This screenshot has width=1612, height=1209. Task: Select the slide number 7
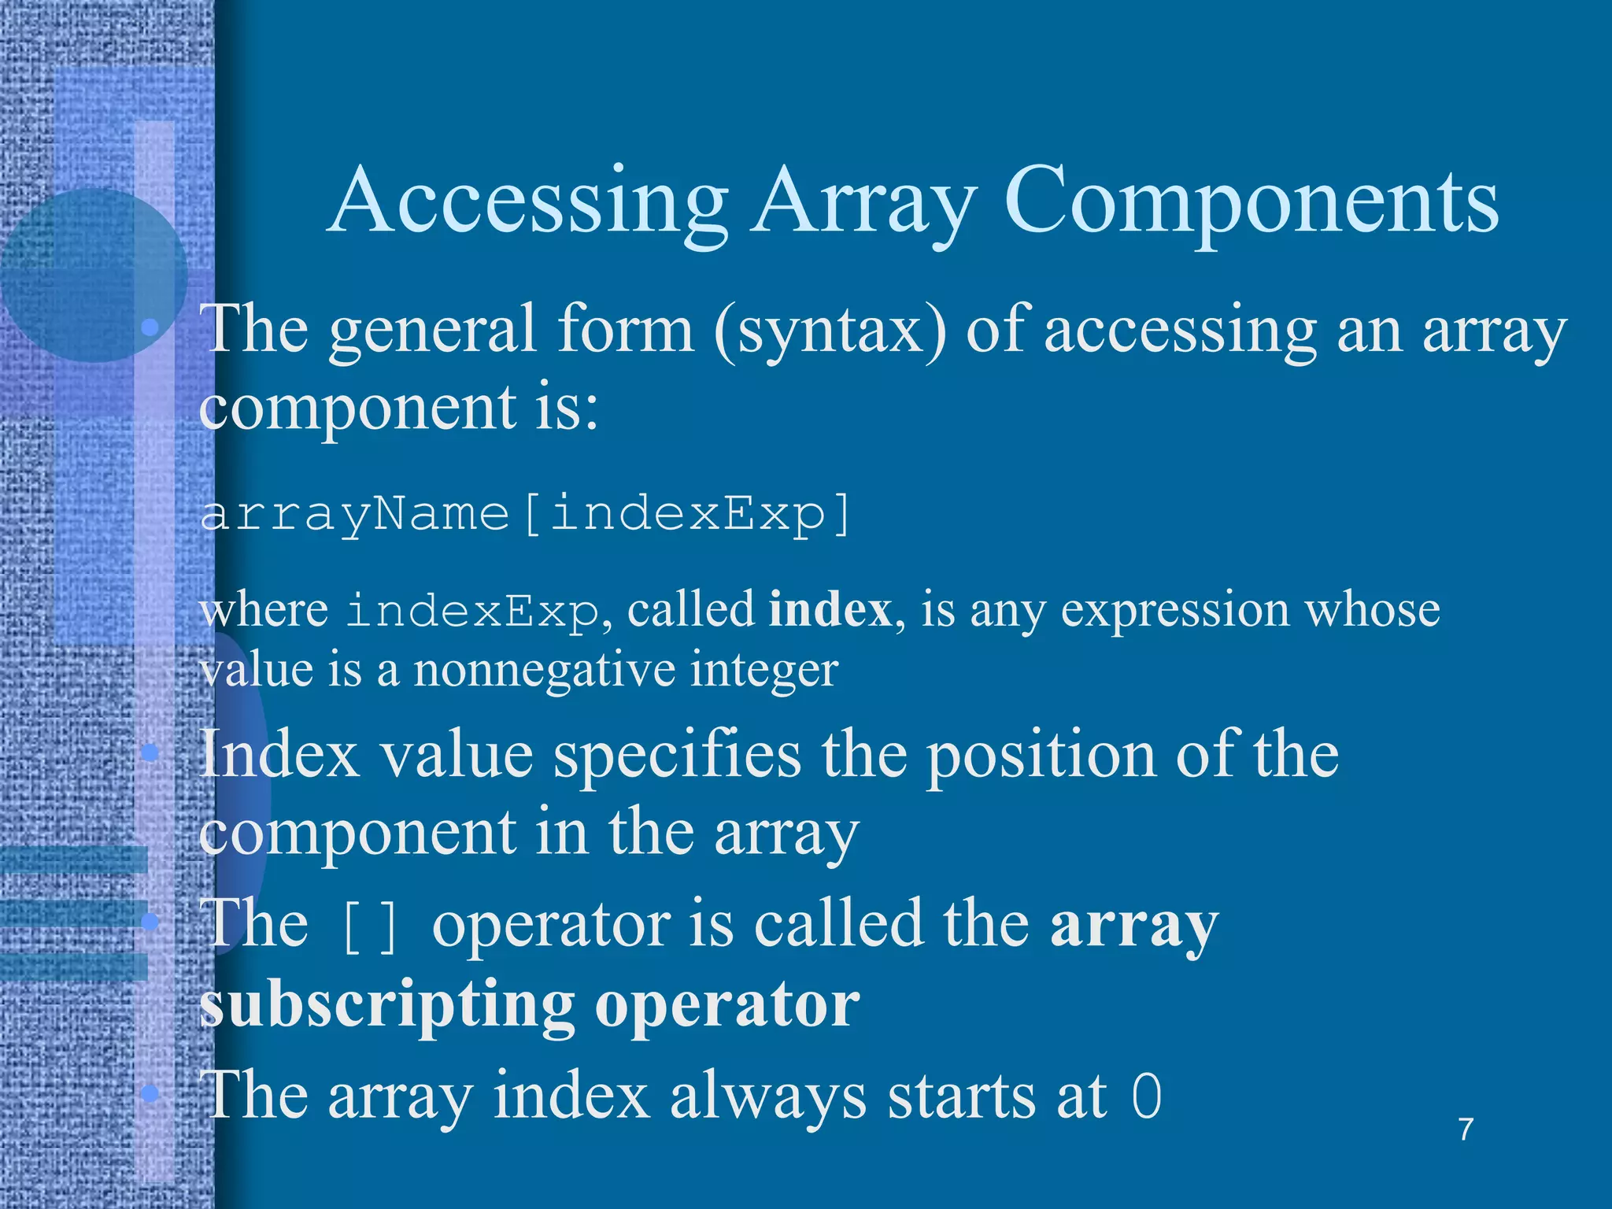click(x=1466, y=1130)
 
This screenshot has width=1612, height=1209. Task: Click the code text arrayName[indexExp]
click(x=526, y=516)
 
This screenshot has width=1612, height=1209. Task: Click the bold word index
click(x=830, y=610)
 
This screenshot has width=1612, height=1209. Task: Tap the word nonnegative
click(x=542, y=671)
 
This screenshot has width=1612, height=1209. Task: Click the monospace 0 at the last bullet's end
click(x=1146, y=1096)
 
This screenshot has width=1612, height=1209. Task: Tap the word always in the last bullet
click(x=767, y=1096)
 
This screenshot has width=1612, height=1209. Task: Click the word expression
click(x=1174, y=610)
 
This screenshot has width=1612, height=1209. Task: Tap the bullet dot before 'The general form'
click(x=150, y=327)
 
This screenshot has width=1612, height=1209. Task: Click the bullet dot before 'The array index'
click(x=150, y=1093)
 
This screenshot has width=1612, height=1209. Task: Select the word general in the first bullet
click(x=432, y=331)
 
